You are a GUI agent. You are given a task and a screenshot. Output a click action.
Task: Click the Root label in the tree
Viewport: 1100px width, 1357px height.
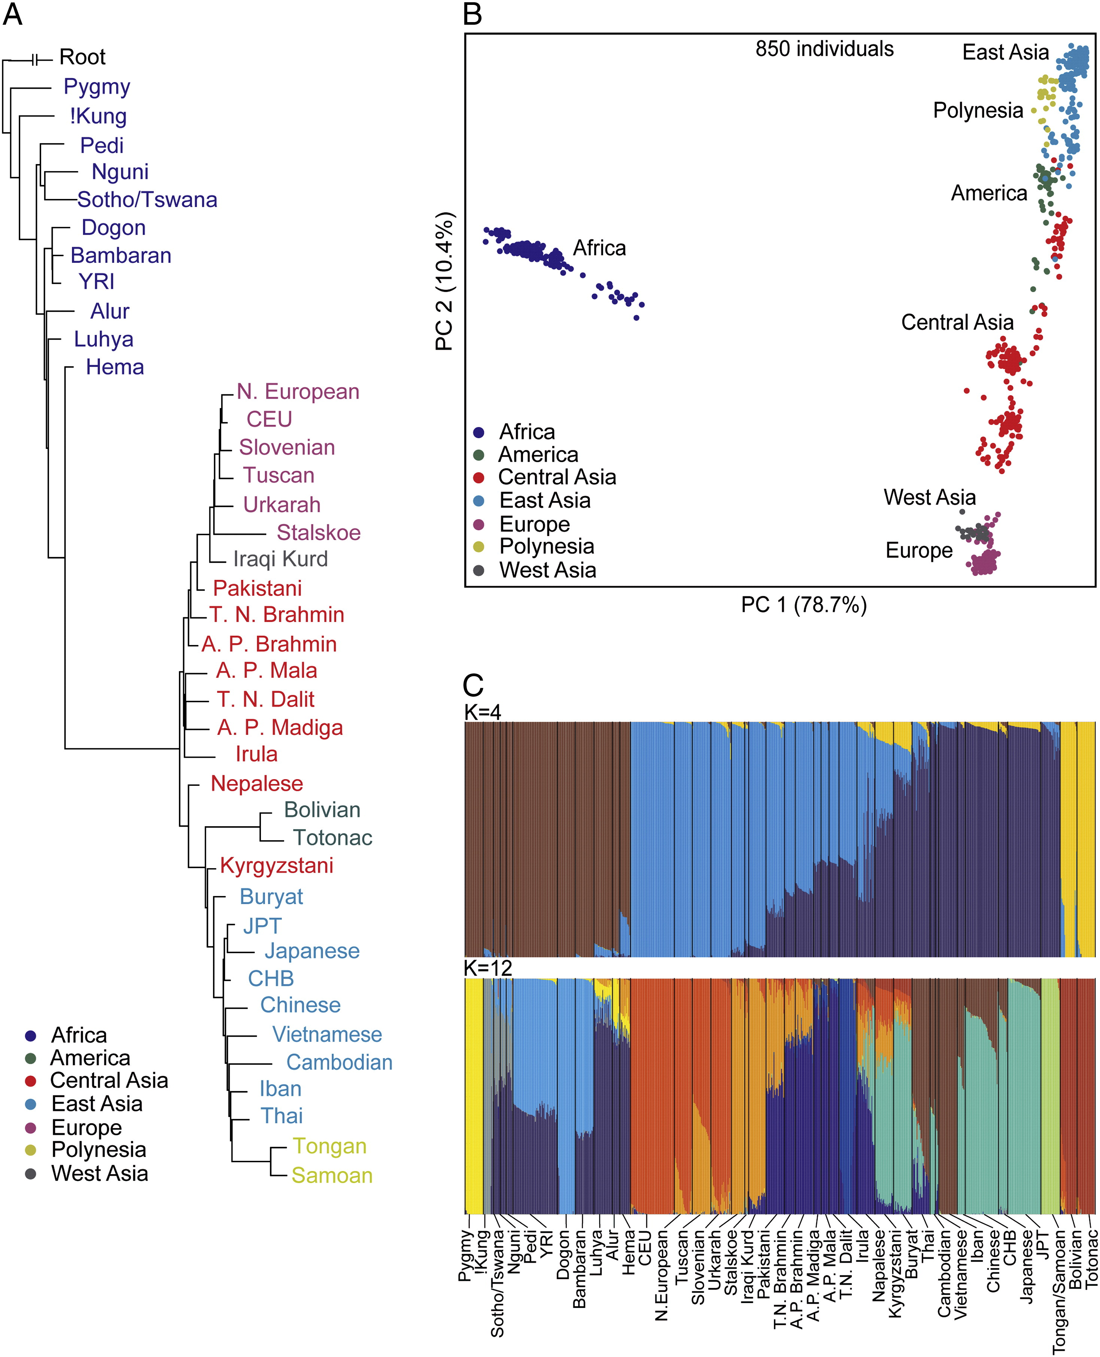click(82, 57)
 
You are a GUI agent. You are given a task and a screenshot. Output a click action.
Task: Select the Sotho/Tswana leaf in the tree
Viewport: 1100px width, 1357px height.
click(147, 200)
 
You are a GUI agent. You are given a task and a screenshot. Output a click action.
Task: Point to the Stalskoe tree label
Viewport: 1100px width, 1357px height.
click(318, 532)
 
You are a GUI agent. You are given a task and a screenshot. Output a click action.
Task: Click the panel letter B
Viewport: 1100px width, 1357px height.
click(473, 14)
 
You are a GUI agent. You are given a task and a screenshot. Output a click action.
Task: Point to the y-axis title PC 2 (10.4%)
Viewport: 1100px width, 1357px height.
click(445, 281)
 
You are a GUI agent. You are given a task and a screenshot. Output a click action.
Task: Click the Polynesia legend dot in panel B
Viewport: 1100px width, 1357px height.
click(479, 546)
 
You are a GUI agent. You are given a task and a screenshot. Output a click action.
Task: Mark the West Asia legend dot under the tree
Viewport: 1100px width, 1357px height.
click(30, 1174)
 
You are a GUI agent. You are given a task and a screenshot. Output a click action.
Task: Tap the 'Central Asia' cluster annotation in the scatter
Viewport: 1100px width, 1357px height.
click(957, 322)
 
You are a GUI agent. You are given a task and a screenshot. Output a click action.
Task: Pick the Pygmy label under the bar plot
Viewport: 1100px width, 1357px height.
click(466, 1255)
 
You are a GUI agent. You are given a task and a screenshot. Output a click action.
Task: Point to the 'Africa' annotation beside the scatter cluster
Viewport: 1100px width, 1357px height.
click(599, 248)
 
